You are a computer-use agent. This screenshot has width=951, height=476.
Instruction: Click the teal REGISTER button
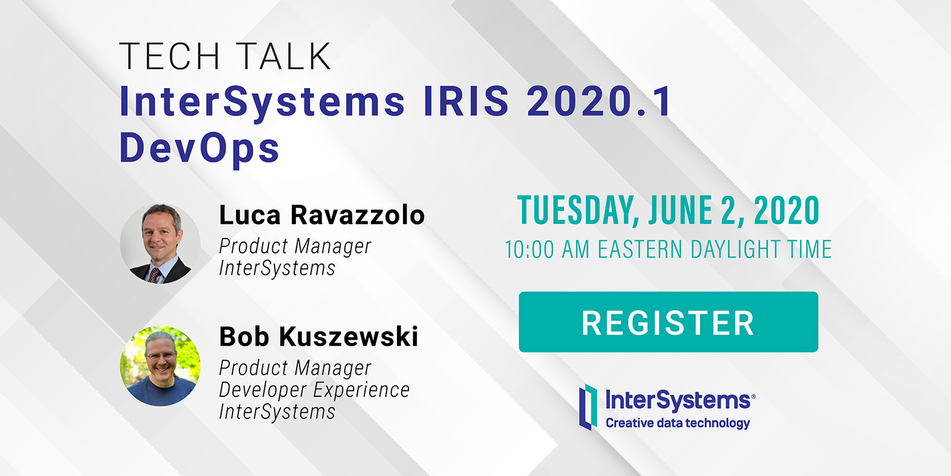668,322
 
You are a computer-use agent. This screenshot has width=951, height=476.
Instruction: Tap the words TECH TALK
225,56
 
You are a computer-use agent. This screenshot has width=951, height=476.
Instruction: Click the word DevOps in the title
199,148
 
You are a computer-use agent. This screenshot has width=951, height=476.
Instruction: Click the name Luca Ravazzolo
322,215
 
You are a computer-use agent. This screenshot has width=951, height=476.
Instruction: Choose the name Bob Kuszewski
319,337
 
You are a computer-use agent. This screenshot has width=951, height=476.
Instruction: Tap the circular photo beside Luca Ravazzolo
160,243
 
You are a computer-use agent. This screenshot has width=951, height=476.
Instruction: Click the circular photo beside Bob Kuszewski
160,366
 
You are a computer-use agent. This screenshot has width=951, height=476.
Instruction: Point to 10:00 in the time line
530,249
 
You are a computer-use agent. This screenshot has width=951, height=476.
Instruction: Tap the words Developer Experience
314,390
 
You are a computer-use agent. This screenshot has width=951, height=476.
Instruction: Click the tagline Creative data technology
678,423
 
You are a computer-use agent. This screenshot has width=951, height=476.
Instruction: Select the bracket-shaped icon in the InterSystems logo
588,407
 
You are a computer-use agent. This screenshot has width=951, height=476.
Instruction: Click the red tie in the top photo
154,275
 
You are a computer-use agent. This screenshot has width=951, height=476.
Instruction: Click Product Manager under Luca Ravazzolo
295,246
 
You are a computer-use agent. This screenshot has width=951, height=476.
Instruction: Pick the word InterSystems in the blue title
262,102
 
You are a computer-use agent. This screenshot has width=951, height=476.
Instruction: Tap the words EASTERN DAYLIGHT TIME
714,249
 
